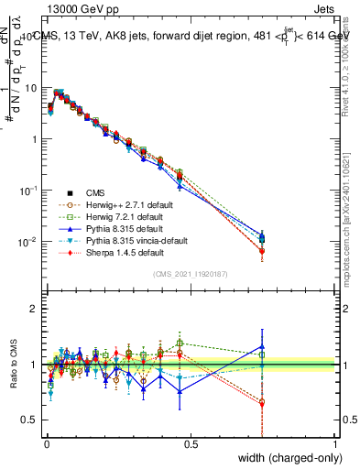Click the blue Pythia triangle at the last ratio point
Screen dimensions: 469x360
pos(263,347)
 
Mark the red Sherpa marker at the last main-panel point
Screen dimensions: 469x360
pos(263,251)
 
